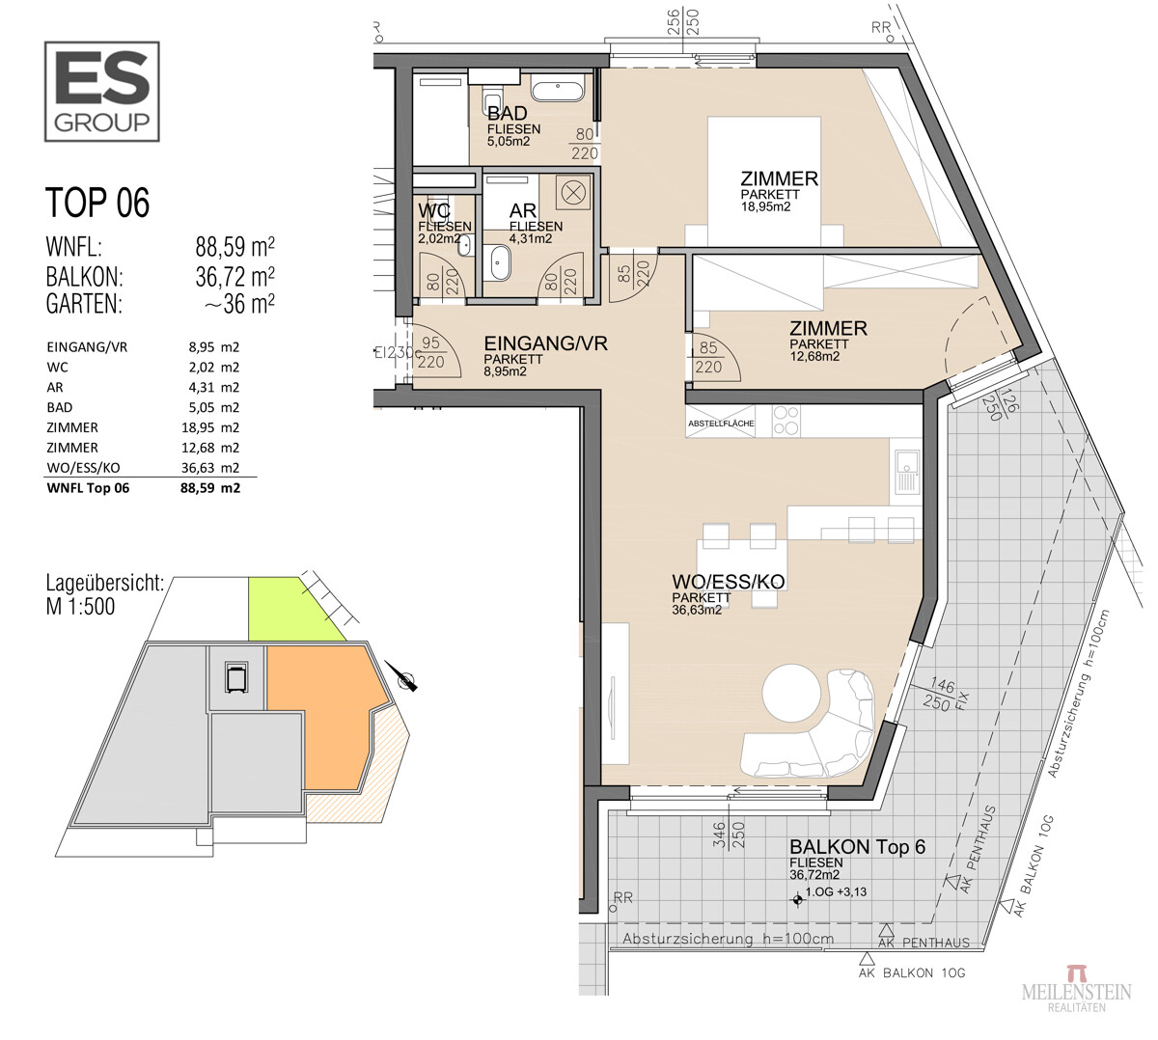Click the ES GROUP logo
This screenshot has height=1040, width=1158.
click(x=101, y=92)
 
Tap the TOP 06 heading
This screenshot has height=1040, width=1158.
click(x=97, y=203)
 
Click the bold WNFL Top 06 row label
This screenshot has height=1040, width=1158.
click(x=88, y=488)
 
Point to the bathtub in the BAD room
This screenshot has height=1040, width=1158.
click(x=557, y=90)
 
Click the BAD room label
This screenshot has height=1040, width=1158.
click(x=507, y=113)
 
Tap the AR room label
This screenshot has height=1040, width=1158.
click(x=523, y=211)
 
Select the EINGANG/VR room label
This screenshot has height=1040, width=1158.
click(x=545, y=343)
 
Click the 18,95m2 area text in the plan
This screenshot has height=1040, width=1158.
click(x=766, y=206)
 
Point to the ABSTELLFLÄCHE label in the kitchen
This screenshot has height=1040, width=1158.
click(x=721, y=424)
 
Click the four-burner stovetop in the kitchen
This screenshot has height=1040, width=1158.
click(x=786, y=421)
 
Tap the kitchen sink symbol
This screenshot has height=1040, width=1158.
click(x=906, y=472)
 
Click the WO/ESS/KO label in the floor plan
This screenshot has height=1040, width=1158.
click(x=729, y=582)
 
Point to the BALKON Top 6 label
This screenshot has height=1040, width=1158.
click(x=857, y=846)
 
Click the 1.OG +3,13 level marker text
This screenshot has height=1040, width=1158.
click(x=837, y=891)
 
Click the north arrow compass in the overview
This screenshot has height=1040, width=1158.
click(x=402, y=677)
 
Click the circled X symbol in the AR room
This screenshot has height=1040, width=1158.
click(x=572, y=193)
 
